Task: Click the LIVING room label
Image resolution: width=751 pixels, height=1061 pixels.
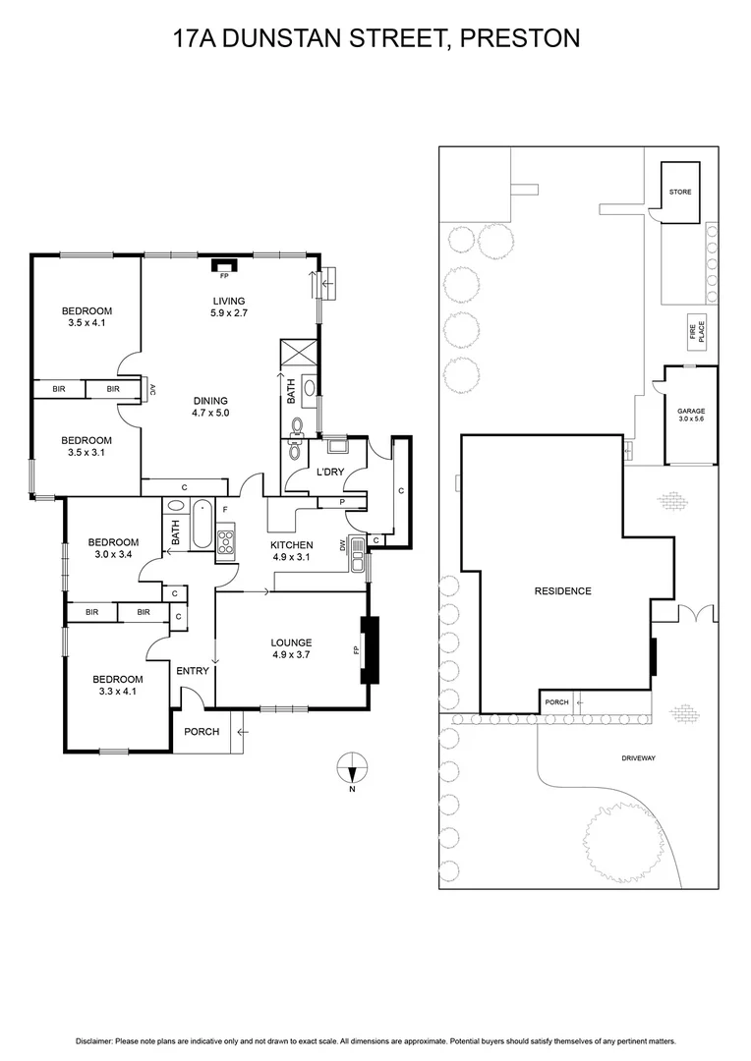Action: [228, 301]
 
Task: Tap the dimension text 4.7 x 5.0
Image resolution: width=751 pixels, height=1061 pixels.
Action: [210, 414]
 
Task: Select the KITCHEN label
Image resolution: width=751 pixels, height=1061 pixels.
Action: [292, 545]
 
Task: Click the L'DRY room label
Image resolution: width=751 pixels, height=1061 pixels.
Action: [328, 474]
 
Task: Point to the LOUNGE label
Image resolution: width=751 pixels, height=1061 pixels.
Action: [292, 644]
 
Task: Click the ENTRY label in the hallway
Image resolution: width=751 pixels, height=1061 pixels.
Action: [193, 671]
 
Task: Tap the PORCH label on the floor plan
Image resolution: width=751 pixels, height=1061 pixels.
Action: [202, 732]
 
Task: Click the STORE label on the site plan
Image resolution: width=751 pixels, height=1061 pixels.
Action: [680, 193]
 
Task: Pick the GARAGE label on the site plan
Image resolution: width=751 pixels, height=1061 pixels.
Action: [690, 412]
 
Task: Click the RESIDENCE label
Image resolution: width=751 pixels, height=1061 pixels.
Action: [562, 590]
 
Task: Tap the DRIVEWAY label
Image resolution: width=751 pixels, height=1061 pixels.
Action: [638, 758]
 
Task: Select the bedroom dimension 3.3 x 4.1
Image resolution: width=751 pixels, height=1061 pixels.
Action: [118, 692]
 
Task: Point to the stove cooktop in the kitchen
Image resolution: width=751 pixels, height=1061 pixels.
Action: [226, 541]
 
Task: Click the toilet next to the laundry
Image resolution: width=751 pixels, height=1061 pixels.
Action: [296, 424]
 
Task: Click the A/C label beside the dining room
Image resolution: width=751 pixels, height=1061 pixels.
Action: [153, 389]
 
